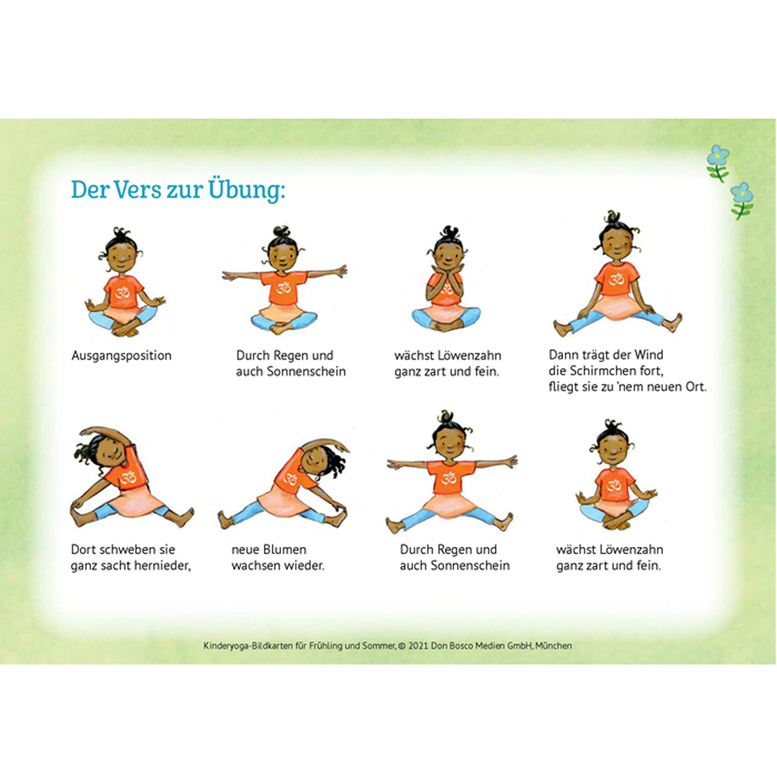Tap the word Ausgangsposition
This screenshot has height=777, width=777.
[x=121, y=356]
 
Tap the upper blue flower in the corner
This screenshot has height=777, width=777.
[x=718, y=155]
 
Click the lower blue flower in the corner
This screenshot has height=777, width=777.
[x=741, y=193]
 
